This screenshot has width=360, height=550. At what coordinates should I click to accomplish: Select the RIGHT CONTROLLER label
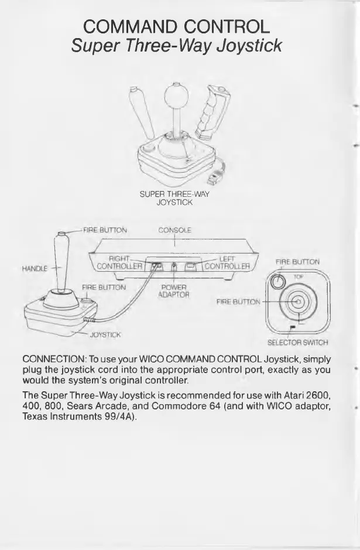(x=119, y=261)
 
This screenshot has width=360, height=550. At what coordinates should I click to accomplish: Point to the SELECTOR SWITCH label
(x=297, y=343)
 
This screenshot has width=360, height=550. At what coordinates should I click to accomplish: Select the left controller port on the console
(x=191, y=267)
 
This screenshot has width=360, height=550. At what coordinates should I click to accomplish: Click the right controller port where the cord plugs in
(x=156, y=267)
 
